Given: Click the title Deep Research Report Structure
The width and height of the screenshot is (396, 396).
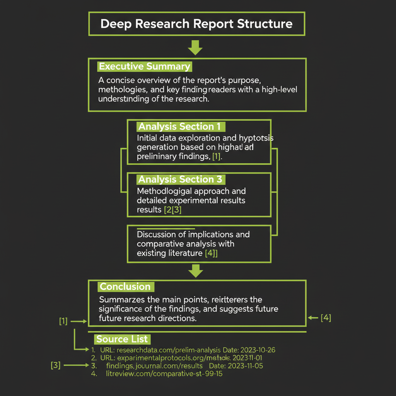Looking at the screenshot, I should (196, 24).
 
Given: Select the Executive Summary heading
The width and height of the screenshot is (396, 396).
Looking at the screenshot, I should (144, 67).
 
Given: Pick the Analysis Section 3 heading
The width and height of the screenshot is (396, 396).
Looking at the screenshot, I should (180, 179).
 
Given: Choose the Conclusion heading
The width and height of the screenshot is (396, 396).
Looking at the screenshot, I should (125, 287).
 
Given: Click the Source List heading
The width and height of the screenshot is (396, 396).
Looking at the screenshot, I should (122, 340).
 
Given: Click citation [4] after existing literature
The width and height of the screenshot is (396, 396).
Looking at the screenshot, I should (211, 253).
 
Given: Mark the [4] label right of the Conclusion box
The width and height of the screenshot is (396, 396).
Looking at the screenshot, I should (326, 318).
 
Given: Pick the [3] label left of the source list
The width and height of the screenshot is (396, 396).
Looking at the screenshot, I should (56, 365).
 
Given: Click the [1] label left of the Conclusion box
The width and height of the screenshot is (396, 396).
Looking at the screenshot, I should (63, 321).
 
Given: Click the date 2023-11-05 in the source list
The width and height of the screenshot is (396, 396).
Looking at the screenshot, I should (246, 365).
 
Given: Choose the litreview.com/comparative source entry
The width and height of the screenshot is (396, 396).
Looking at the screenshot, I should (164, 374).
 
